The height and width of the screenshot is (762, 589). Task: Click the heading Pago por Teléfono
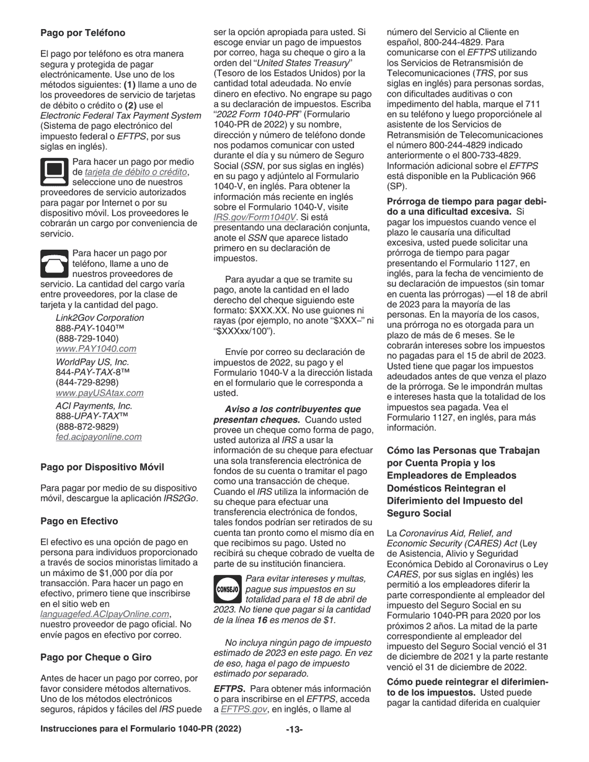pos(82,33)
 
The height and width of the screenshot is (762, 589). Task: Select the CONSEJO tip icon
pos(228,589)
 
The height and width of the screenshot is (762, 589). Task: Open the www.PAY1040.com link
pos(95,349)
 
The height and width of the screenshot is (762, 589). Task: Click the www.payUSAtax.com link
pos(99,393)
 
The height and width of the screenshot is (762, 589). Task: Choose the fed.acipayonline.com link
pos(98,437)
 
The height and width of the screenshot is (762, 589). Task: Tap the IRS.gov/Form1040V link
pos(254,217)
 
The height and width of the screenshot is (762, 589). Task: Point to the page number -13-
pos(294,730)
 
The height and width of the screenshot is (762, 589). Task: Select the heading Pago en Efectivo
pos(79,521)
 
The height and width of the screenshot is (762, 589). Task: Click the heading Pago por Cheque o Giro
pos(95,657)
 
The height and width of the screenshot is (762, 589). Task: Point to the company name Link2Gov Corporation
pos(99,318)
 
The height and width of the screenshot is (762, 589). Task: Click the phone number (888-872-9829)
pos(87,426)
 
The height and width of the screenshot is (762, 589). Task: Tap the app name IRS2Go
pos(179,499)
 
